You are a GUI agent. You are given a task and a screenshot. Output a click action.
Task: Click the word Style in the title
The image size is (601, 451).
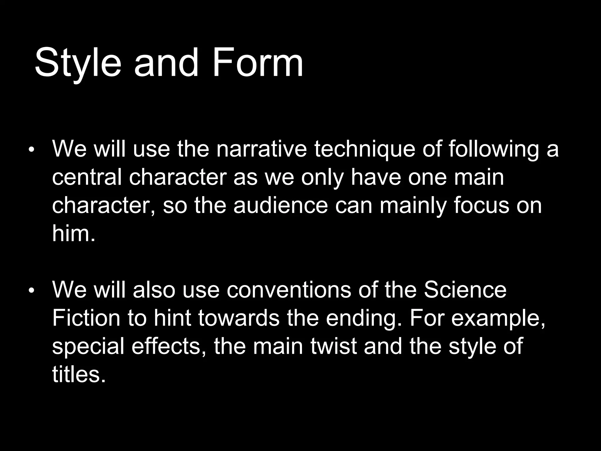(x=78, y=63)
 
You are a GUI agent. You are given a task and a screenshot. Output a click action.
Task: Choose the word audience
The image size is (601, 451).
(x=280, y=205)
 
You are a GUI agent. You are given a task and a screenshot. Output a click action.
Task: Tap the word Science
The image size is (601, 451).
(x=465, y=290)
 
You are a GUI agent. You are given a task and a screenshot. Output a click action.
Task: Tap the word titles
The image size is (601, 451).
(x=78, y=374)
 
